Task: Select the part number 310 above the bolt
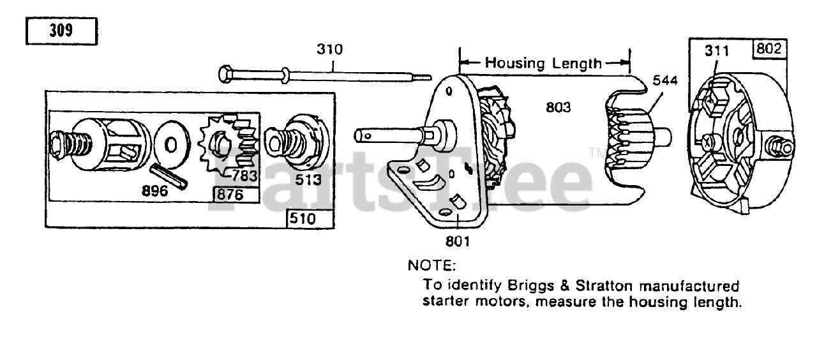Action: [329, 49]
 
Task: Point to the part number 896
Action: [154, 190]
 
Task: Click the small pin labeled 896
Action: [168, 176]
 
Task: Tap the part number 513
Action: [308, 180]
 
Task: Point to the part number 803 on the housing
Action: [558, 108]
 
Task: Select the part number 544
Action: [664, 80]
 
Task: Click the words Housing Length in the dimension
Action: [543, 63]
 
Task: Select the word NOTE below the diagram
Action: [432, 264]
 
